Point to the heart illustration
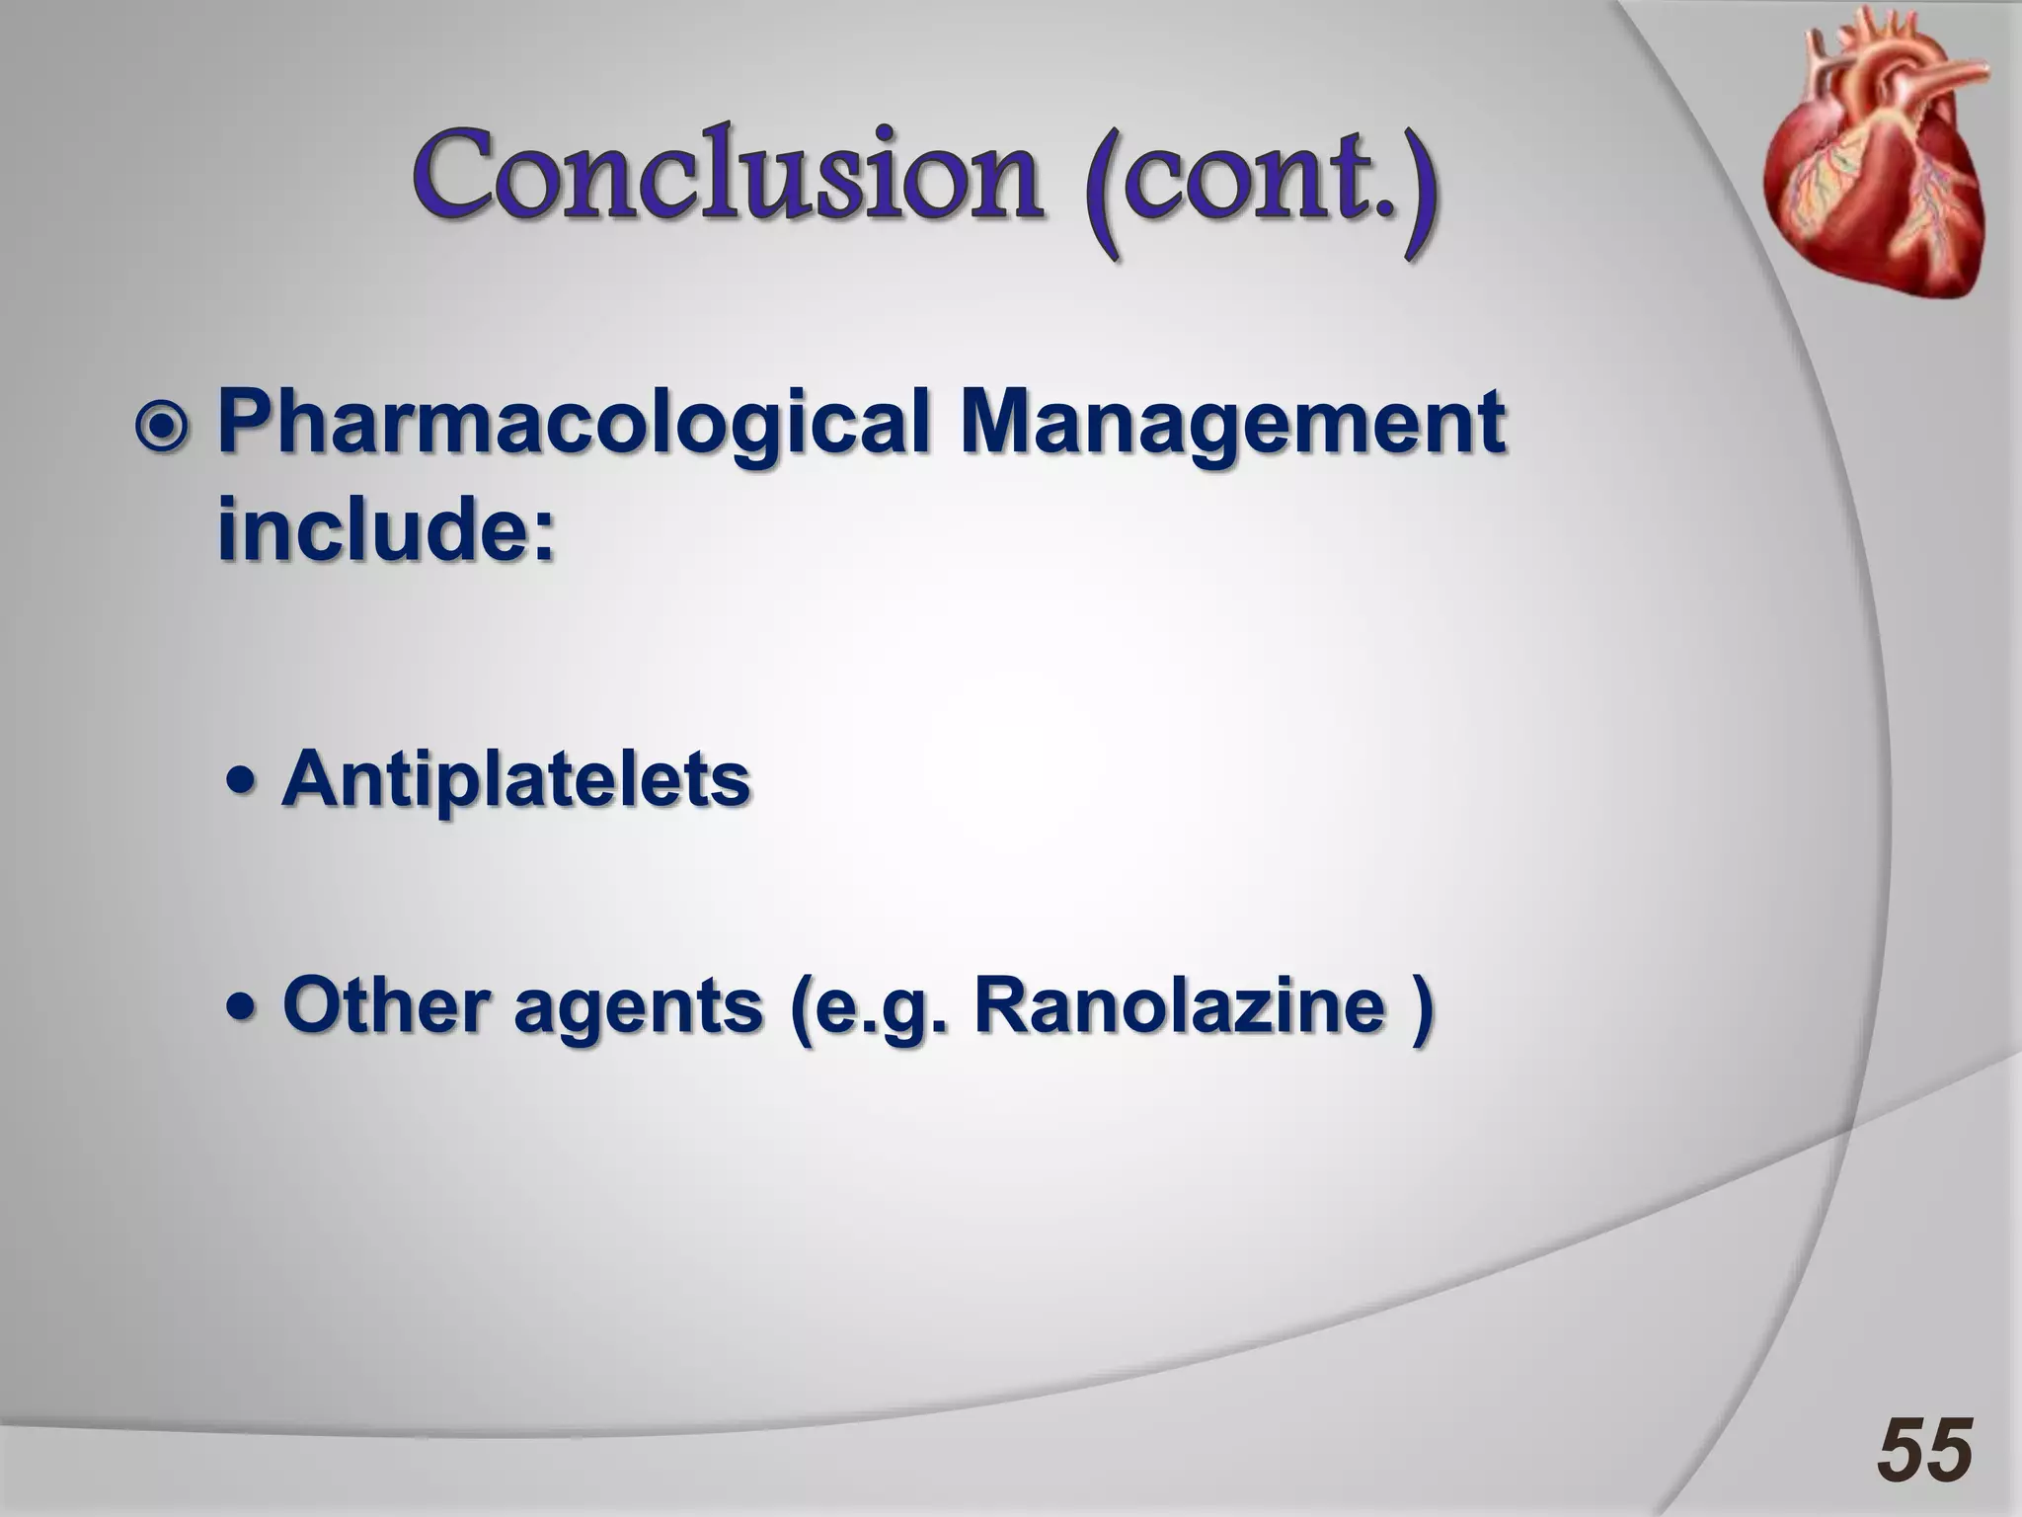1875,168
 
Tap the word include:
386,530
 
